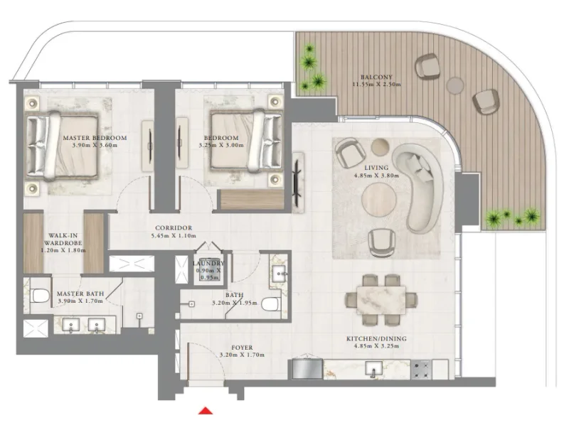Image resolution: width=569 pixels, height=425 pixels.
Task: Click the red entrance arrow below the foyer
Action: pyautogui.click(x=206, y=410)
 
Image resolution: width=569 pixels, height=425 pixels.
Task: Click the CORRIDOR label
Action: pyautogui.click(x=174, y=228)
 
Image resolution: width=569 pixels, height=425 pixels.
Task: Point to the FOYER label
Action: pyautogui.click(x=237, y=348)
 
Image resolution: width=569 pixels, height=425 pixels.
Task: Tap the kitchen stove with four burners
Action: pyautogui.click(x=420, y=370)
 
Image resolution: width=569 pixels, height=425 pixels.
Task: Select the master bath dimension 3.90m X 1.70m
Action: pyautogui.click(x=80, y=301)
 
